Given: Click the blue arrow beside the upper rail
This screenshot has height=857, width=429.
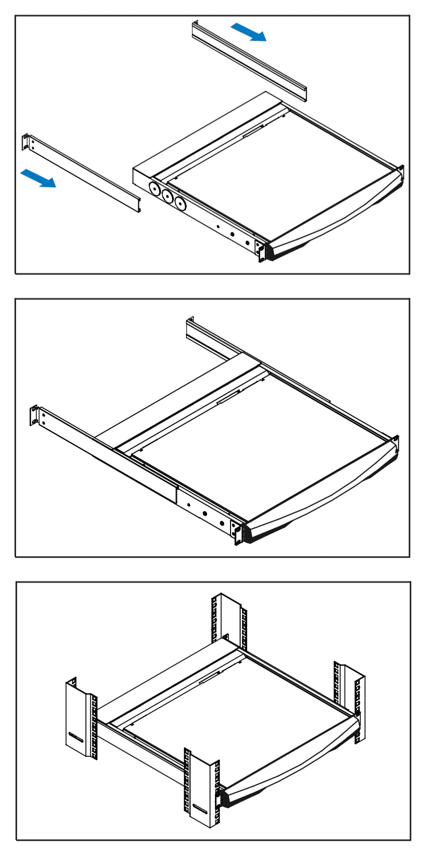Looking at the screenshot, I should coord(249,32).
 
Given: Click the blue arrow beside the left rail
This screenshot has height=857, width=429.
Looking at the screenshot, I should coord(38,178).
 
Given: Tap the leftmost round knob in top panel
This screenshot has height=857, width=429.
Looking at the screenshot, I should coord(155,189).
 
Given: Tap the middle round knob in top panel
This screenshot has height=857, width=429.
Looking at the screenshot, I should coord(167,197).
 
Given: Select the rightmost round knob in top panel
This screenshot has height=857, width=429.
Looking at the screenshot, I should coord(180,204).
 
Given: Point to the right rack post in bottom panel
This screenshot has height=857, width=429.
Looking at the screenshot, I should coord(350,699).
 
